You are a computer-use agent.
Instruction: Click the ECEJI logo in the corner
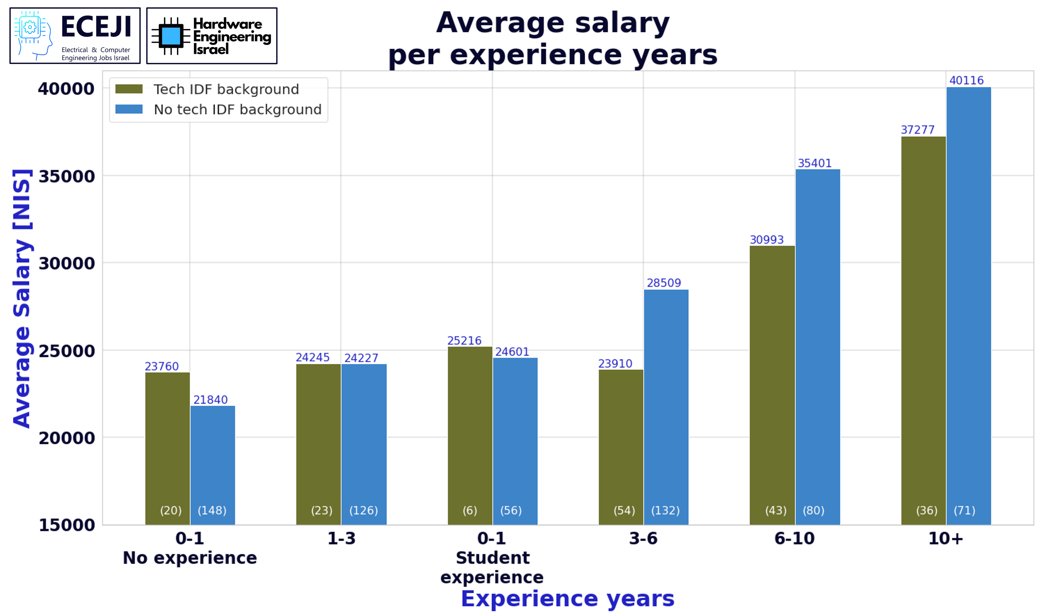click(75, 36)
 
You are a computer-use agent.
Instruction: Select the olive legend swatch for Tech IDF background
click(129, 89)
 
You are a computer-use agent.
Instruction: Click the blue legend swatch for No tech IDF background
click(129, 109)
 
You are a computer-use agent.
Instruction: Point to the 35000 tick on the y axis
click(67, 176)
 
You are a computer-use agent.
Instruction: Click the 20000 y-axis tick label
click(67, 438)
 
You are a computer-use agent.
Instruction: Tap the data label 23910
click(615, 364)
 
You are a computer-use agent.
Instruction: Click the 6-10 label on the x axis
click(794, 539)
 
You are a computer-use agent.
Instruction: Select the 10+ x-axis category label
click(946, 539)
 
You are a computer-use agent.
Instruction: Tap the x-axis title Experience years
click(568, 599)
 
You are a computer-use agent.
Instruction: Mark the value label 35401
click(814, 163)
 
